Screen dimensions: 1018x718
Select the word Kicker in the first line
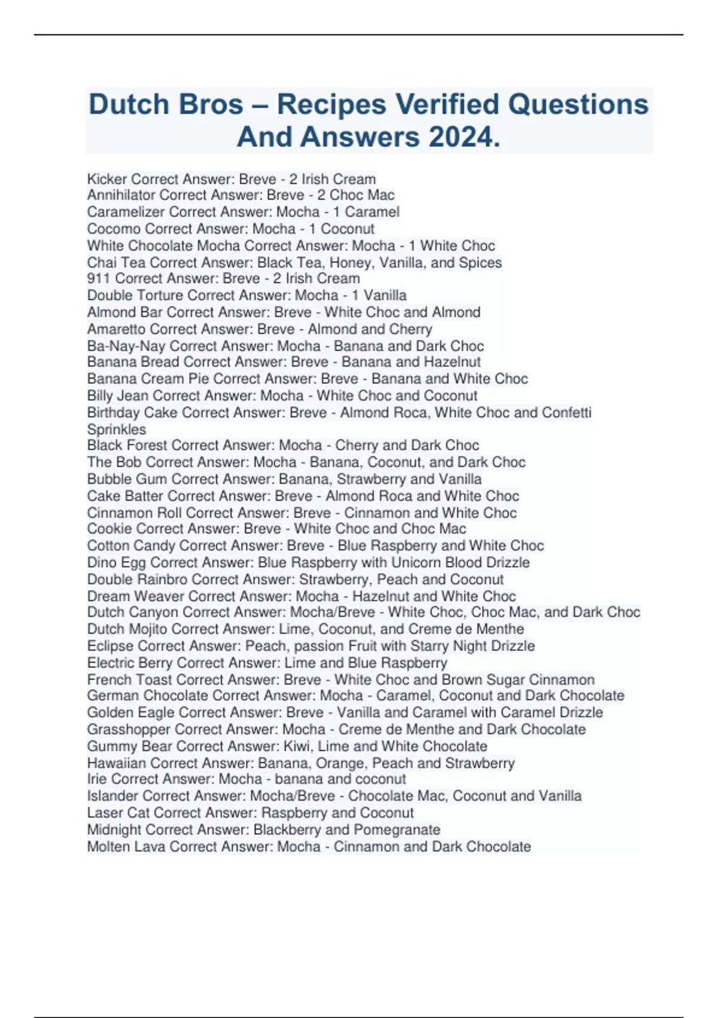(x=107, y=179)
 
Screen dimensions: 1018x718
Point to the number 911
(x=99, y=278)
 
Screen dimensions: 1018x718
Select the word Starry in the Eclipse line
(x=429, y=646)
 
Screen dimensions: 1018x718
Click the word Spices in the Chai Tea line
(x=480, y=262)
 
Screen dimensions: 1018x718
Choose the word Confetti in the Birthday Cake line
(x=567, y=413)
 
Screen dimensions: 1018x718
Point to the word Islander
(x=113, y=796)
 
